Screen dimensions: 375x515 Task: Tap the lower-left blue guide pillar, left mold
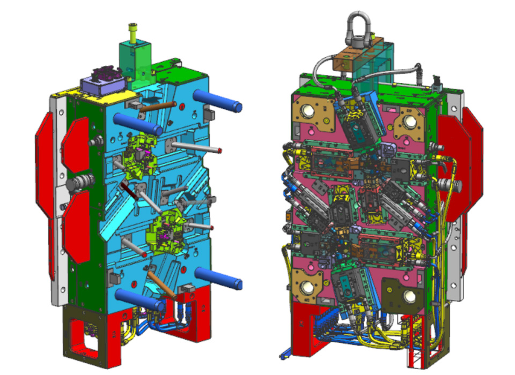click(138, 299)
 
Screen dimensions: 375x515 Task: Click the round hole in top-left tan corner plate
click(310, 111)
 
